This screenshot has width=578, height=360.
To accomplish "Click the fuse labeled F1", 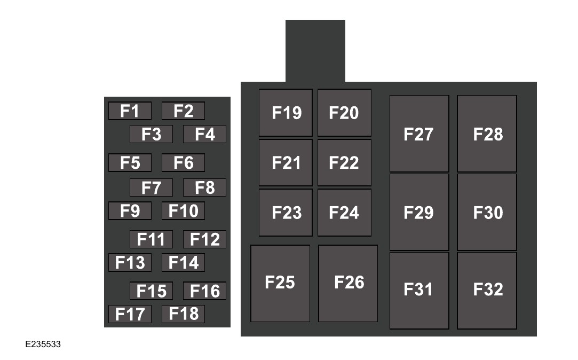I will point(130,111).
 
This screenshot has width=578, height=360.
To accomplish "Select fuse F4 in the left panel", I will point(204,134).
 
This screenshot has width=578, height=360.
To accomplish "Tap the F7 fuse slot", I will point(151,187).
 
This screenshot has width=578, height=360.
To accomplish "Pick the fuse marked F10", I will point(183,211).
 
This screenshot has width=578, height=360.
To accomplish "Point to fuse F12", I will point(204,239).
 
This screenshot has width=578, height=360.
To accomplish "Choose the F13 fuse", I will point(130,262).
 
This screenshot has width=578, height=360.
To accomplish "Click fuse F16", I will point(204,291).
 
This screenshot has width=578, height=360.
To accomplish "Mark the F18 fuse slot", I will point(183,314).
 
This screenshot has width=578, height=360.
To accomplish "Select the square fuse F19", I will point(286,113).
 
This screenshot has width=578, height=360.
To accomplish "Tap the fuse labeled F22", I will point(344,162).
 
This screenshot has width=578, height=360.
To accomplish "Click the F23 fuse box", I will point(286,213).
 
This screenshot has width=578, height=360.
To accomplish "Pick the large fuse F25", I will point(280,283).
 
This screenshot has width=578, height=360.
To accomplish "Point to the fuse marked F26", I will point(348,283).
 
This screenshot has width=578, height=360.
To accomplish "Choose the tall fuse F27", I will point(419,134).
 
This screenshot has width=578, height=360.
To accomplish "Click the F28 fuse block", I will point(487,134).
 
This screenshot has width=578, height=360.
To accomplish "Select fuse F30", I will point(487,212).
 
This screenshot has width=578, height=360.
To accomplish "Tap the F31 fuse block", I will point(419,290).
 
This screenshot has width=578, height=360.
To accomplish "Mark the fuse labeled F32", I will point(487,290).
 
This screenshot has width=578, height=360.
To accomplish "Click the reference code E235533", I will point(43,345).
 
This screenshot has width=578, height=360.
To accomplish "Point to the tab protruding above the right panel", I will point(315,51).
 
